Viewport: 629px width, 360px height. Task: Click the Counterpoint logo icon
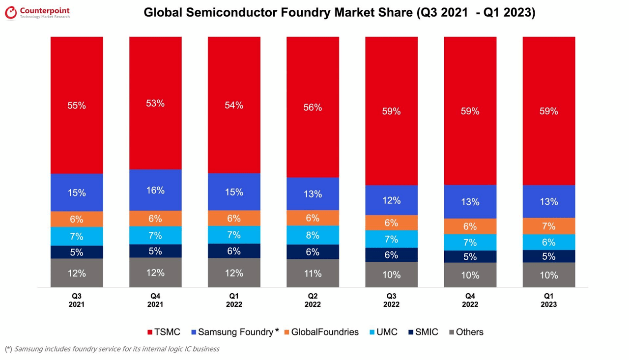point(11,13)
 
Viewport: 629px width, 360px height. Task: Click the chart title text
point(339,13)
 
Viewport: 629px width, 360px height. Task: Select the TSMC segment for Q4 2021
point(155,103)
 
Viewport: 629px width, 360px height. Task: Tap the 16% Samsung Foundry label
point(155,191)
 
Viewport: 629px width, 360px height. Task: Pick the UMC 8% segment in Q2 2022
point(313,235)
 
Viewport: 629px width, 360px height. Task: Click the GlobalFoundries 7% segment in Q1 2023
point(548,226)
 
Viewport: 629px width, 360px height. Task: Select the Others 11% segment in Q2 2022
point(313,273)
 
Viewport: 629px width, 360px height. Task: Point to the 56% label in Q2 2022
point(313,107)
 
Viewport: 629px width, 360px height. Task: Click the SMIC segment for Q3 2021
point(77,252)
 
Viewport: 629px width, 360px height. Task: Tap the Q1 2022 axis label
point(234,300)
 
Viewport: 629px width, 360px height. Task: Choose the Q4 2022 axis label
point(470,300)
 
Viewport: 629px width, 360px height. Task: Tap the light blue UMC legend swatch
point(372,332)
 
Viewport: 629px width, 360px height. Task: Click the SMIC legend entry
point(423,332)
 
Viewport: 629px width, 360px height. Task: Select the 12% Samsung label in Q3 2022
point(391,200)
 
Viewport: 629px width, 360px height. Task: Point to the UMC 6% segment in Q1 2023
point(548,242)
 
